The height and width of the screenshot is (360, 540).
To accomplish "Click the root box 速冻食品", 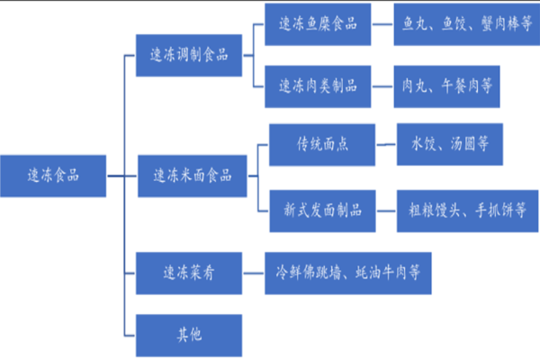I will pyautogui.click(x=53, y=174).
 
